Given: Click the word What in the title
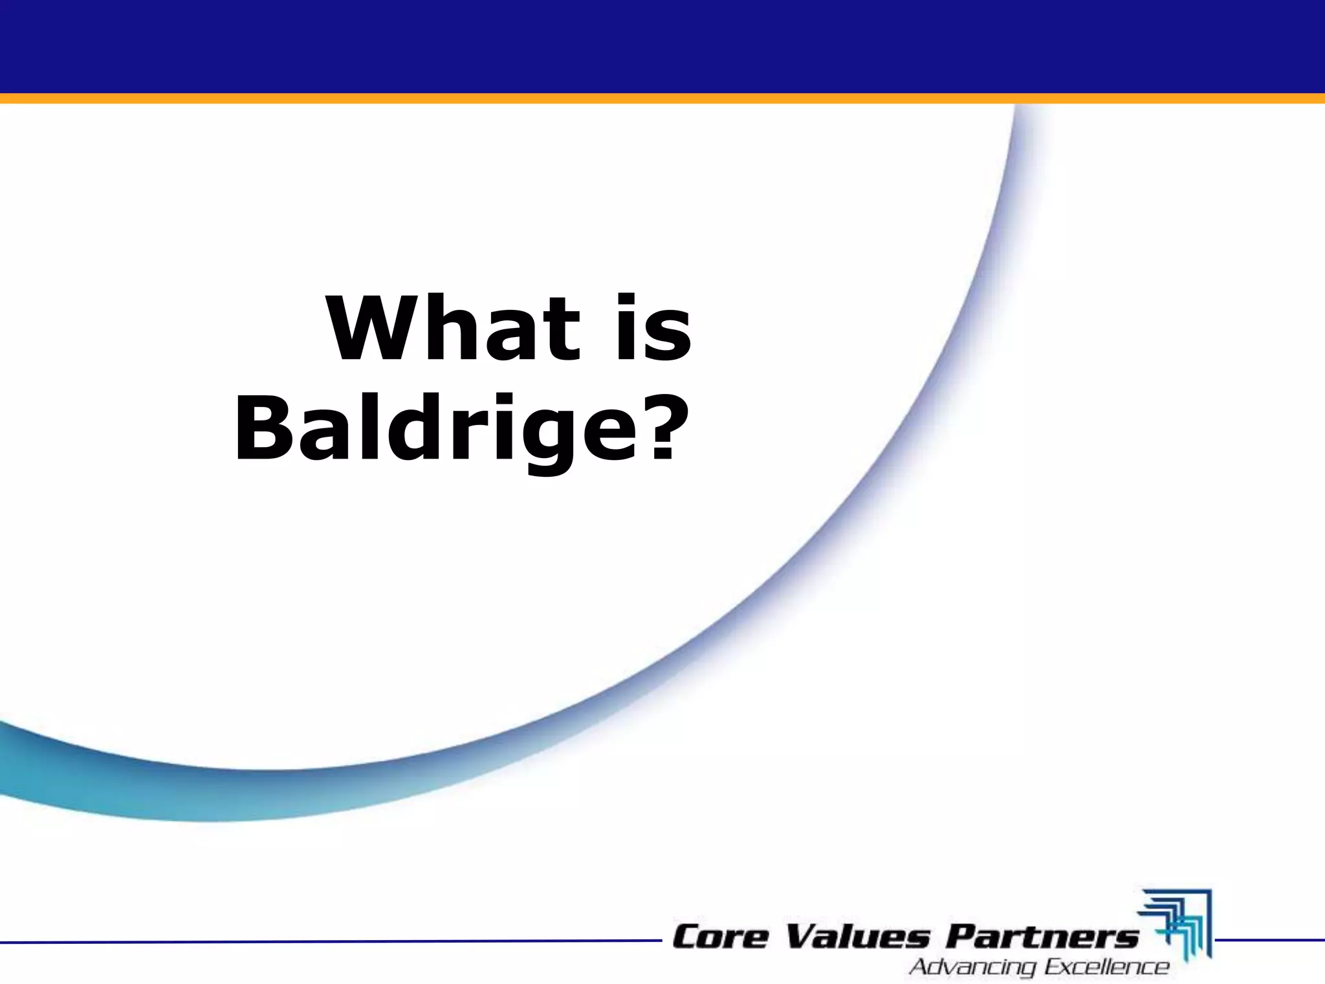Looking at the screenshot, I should pyautogui.click(x=453, y=329).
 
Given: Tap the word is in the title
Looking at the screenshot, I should pyautogui.click(x=653, y=329).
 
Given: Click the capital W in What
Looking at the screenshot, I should pyautogui.click(x=371, y=329).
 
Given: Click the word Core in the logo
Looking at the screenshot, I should pyautogui.click(x=719, y=937).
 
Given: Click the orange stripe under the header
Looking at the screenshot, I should pyautogui.click(x=662, y=98).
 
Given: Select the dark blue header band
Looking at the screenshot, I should pyautogui.click(x=662, y=45).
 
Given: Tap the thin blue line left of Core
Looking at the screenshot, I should pyautogui.click(x=323, y=942).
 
